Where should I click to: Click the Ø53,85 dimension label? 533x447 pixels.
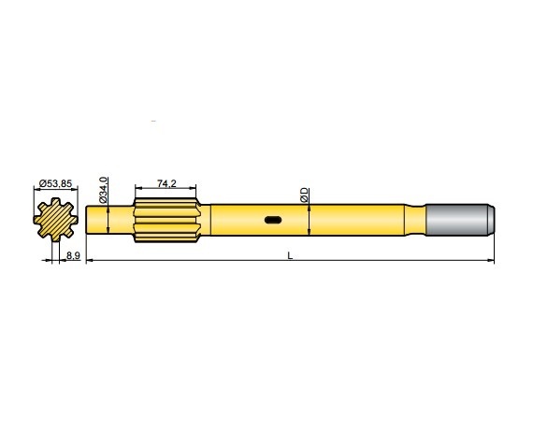56,184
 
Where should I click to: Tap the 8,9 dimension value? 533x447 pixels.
71,254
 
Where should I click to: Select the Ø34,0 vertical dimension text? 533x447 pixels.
104,187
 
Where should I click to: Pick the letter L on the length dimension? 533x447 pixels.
290,255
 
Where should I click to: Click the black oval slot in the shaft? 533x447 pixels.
274,221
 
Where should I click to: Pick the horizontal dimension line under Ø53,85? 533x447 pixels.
56,192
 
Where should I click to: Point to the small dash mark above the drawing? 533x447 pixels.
153,123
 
